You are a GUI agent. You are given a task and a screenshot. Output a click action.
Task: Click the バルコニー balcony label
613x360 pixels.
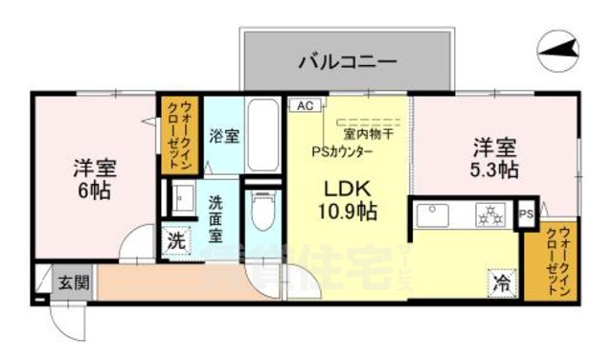pos(347,61)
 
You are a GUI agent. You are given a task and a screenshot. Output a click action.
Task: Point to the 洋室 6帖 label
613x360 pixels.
pos(94,179)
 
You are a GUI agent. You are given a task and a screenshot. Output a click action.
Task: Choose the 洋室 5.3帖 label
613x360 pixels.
pos(495,158)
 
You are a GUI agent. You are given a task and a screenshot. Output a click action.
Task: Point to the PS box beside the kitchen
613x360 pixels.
pos(526,214)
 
